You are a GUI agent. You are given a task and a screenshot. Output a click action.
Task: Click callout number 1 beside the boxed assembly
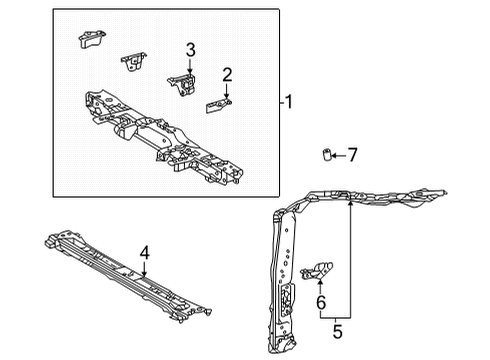point(288,101)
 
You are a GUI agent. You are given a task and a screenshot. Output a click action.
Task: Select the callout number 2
point(228,73)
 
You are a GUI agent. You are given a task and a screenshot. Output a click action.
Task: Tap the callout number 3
point(189,49)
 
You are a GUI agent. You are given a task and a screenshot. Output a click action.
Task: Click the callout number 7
point(351,154)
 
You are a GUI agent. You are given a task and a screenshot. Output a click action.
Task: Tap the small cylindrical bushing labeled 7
point(325,155)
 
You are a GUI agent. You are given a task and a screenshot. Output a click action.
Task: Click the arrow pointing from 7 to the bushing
point(338,154)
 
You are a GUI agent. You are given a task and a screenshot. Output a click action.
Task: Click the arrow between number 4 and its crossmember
point(144,269)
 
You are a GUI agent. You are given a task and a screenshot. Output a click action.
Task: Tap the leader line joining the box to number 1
point(279,101)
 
